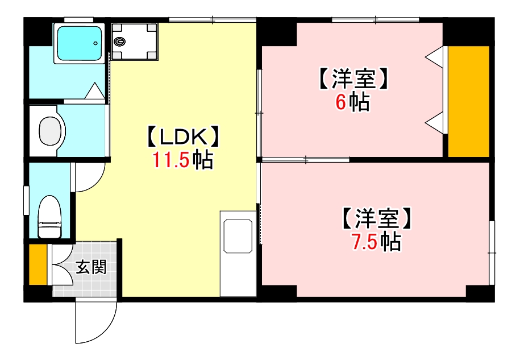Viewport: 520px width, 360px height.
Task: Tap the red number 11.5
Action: [170, 161]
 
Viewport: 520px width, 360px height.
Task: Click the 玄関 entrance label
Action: [91, 267]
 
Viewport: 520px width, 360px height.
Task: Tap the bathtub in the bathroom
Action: [79, 43]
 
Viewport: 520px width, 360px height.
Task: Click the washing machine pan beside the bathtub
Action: [135, 41]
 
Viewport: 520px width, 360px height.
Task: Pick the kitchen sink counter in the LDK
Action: [238, 253]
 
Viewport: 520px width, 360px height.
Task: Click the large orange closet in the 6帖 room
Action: [468, 101]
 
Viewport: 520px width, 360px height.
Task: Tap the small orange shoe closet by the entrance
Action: [38, 264]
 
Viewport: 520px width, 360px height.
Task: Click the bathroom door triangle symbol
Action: [94, 92]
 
